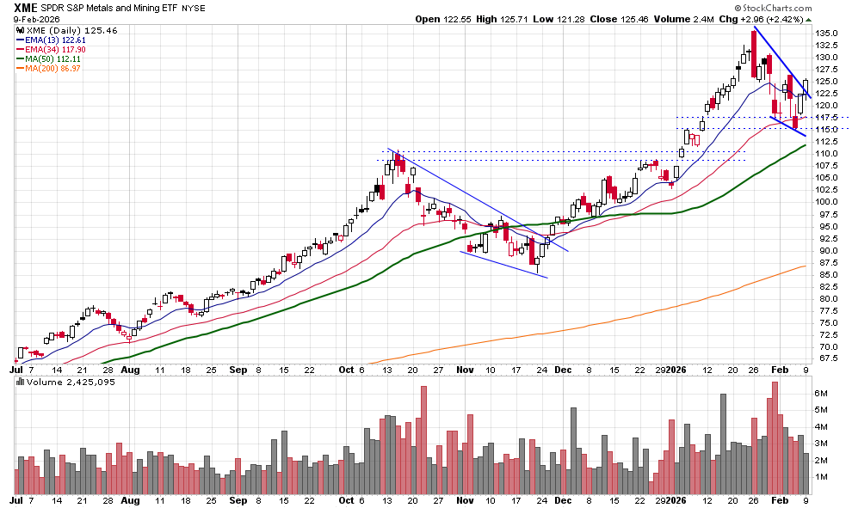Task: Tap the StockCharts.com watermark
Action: (x=803, y=7)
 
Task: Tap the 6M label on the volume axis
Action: (x=821, y=393)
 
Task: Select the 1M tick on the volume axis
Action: (x=821, y=476)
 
